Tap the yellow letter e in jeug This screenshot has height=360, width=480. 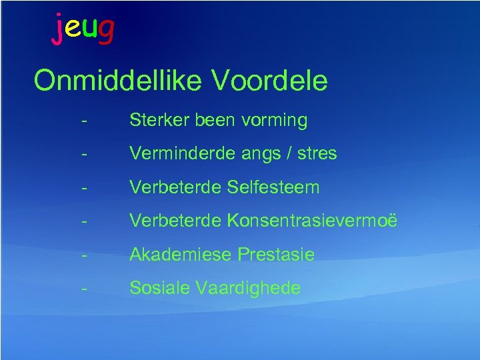[73, 29]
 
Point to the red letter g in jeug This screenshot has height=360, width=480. [105, 31]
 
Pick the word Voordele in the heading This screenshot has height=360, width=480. [270, 81]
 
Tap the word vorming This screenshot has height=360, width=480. [276, 121]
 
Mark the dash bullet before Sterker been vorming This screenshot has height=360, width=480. [83, 121]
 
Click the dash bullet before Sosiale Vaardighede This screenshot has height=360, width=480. [83, 289]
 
